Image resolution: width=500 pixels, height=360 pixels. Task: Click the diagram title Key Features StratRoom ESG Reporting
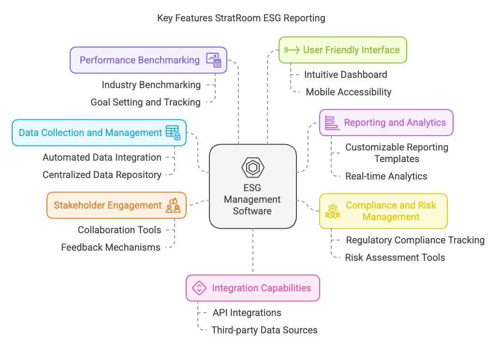click(x=241, y=18)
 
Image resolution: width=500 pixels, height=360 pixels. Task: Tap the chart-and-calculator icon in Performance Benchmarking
click(x=213, y=60)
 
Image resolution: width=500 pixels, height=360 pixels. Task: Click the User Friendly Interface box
click(x=342, y=50)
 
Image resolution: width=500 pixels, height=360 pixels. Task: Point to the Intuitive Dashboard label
click(x=345, y=75)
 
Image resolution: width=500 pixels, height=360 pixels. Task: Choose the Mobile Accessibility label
click(x=348, y=92)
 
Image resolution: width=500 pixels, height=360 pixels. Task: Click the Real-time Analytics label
click(x=386, y=176)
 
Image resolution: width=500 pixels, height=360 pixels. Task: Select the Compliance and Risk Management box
click(x=383, y=211)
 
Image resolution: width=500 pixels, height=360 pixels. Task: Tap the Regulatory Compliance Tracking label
click(x=415, y=240)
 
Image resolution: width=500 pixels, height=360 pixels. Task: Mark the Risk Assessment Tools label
click(x=395, y=257)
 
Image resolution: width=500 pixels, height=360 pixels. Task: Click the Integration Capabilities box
click(x=252, y=288)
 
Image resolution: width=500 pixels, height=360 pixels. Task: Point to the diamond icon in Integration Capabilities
click(x=199, y=288)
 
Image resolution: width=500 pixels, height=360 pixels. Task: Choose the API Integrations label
click(x=247, y=313)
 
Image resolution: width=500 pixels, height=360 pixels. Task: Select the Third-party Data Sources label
click(x=264, y=330)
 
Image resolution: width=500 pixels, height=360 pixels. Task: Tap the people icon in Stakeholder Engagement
click(x=173, y=205)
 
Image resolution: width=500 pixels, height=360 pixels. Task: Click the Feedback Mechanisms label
click(x=110, y=247)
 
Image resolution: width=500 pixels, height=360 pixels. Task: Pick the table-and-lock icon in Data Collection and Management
click(x=173, y=133)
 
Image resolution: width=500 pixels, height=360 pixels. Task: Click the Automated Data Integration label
click(x=102, y=157)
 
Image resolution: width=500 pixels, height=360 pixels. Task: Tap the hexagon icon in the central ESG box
click(x=252, y=167)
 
